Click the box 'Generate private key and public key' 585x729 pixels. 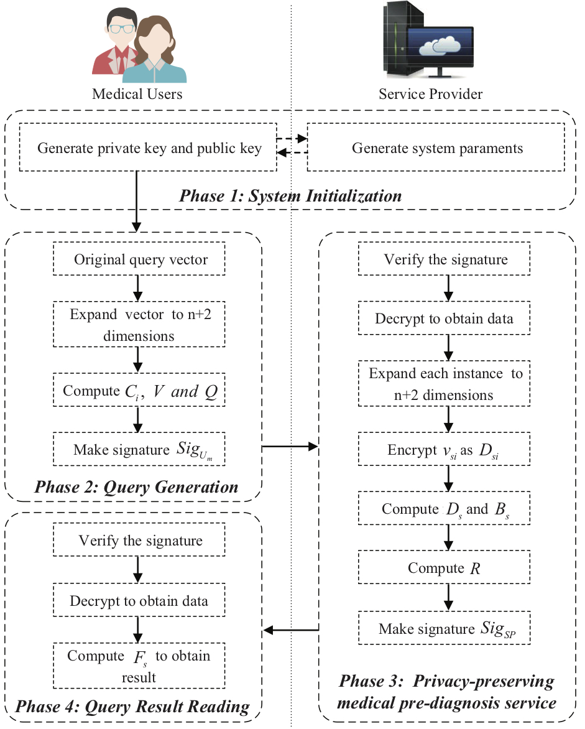tap(148, 147)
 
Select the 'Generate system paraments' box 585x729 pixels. tap(436, 147)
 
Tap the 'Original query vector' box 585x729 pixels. tap(139, 259)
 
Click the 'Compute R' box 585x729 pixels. tap(444, 567)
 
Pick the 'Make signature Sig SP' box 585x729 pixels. tap(444, 628)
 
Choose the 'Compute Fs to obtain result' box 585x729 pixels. tap(139, 666)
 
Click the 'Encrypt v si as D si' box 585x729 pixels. tap(444, 449)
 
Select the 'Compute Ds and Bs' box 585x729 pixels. tap(444, 508)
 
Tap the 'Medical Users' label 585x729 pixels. tap(137, 94)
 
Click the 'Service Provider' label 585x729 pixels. tap(430, 94)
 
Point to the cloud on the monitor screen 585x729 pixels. tap(440, 45)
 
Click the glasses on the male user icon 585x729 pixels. tap(121, 29)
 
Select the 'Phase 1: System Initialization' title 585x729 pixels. tap(290, 196)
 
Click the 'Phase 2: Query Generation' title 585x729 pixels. tap(136, 487)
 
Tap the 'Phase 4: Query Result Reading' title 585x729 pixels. tap(132, 706)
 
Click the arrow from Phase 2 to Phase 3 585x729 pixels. tap(290, 447)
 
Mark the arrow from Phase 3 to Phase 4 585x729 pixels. tap(291, 631)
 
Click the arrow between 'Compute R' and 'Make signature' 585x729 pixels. tap(448, 597)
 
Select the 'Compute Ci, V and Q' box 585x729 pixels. tap(139, 389)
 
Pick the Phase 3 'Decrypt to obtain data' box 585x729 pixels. tap(444, 318)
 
